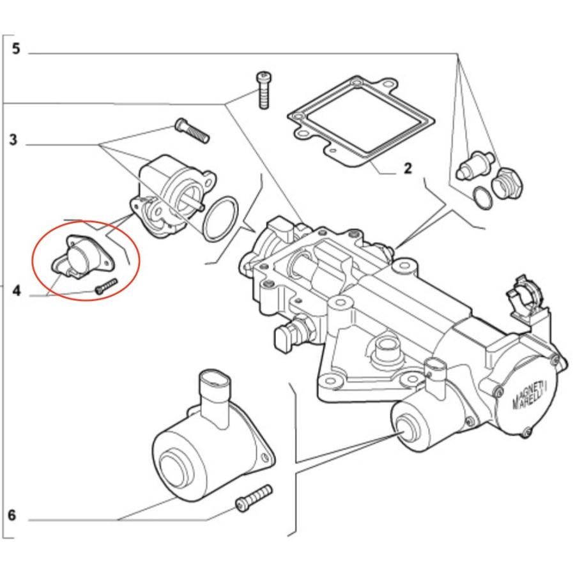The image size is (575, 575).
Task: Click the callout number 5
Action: (x=15, y=49)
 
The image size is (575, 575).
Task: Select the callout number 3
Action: (x=13, y=140)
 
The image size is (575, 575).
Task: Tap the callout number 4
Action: (x=16, y=291)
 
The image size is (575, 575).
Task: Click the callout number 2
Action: (x=408, y=169)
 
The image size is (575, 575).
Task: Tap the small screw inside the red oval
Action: (x=105, y=287)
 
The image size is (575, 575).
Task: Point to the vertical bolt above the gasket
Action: (x=263, y=90)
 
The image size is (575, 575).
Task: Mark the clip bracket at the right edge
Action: (x=526, y=297)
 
